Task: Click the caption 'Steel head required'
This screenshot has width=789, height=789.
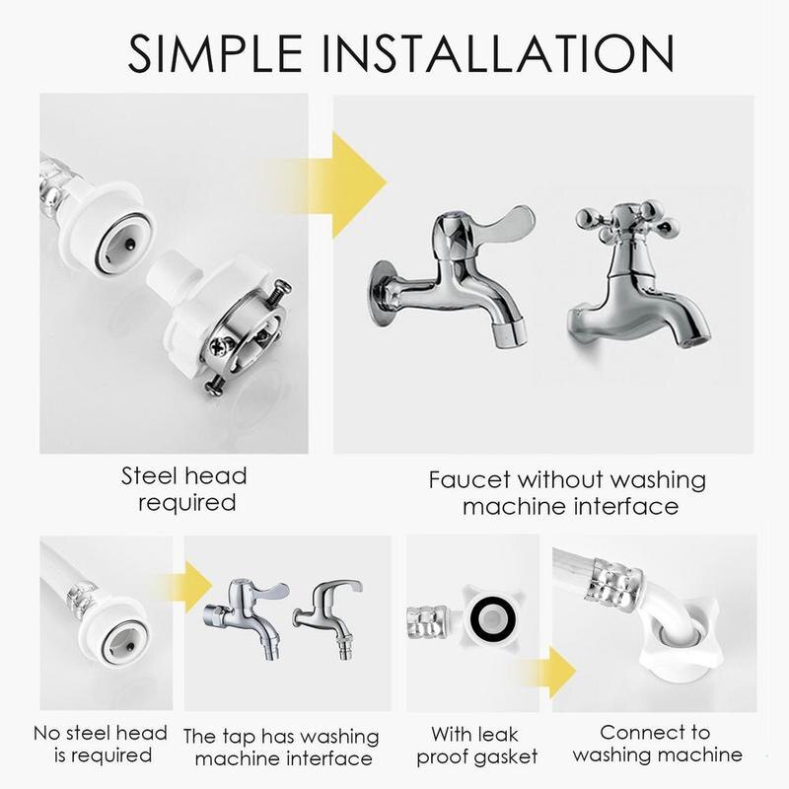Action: pyautogui.click(x=183, y=490)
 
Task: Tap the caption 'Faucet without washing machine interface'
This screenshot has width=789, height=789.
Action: pyautogui.click(x=567, y=493)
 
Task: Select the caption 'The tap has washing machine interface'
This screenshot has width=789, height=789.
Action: pyautogui.click(x=282, y=748)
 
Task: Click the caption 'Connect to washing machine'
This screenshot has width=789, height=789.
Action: pyautogui.click(x=656, y=745)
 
